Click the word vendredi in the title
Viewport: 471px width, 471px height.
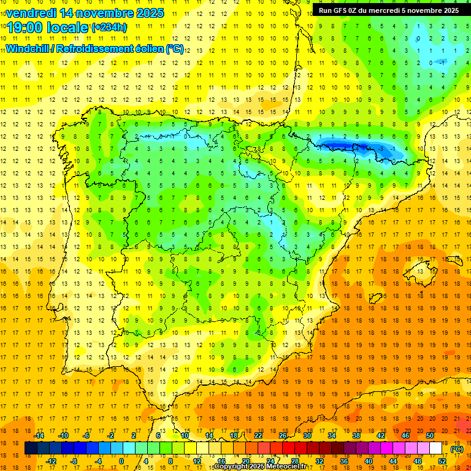pos(30,12)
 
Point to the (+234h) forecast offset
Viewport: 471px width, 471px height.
pos(109,28)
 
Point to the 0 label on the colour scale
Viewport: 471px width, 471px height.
pos(121,461)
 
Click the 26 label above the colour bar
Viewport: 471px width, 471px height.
pos(283,435)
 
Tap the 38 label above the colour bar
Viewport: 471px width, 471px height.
pos(356,435)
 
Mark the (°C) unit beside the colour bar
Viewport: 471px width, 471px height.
pos(457,449)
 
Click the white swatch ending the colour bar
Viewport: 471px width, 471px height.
pos(436,448)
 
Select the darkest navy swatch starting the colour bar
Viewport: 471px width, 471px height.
pos(31,448)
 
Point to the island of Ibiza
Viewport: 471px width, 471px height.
pos(374,299)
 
